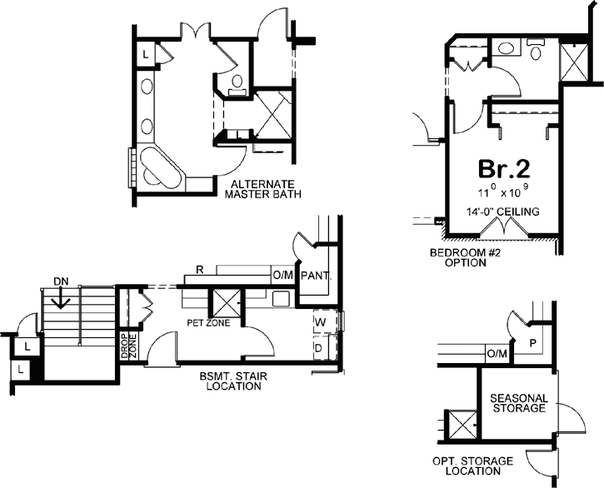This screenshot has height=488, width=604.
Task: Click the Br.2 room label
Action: [x=503, y=169]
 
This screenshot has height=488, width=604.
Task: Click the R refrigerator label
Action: [x=199, y=271]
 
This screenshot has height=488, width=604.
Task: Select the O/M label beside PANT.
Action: [x=282, y=274]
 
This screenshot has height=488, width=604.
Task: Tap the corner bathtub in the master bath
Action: [x=160, y=167]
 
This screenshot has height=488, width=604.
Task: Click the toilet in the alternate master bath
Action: [x=236, y=82]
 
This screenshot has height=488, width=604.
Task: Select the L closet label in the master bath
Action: [x=145, y=54]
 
